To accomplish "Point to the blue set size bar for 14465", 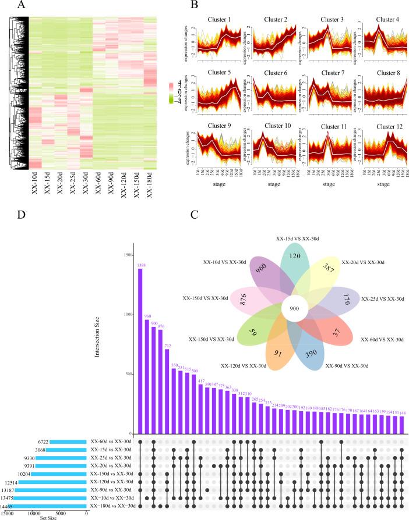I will (x=47, y=506).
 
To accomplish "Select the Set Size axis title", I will (x=44, y=518).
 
